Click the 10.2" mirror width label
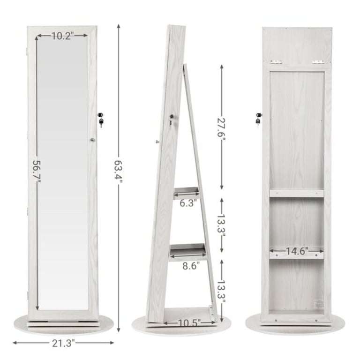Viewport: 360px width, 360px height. click(63, 36)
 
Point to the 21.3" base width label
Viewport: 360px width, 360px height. click(63, 343)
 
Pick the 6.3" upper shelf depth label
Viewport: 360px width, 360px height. click(187, 202)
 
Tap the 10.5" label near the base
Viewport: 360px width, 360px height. click(189, 322)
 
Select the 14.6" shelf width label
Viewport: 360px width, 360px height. click(297, 251)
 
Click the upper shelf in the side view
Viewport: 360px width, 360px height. click(187, 191)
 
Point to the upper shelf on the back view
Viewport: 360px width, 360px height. click(297, 193)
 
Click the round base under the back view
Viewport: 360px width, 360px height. click(296, 329)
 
